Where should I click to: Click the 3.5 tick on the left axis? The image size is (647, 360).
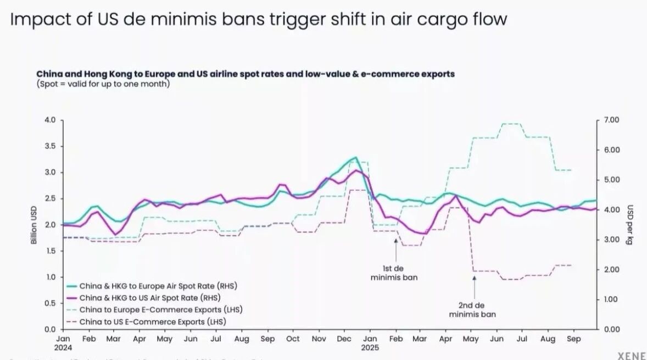(51, 146)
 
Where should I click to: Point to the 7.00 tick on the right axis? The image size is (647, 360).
(612, 120)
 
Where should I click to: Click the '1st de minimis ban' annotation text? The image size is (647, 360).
(393, 273)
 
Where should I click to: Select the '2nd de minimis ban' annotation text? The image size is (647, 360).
(472, 310)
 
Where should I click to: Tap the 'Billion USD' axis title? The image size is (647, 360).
(34, 225)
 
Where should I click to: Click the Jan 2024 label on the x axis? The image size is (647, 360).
(63, 343)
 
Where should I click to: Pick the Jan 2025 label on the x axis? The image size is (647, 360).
(370, 343)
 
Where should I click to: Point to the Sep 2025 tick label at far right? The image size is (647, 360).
(573, 339)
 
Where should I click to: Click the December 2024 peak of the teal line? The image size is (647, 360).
(355, 158)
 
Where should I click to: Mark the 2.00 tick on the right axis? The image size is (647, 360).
(612, 269)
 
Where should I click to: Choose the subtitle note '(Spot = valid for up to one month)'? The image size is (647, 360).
(103, 84)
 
